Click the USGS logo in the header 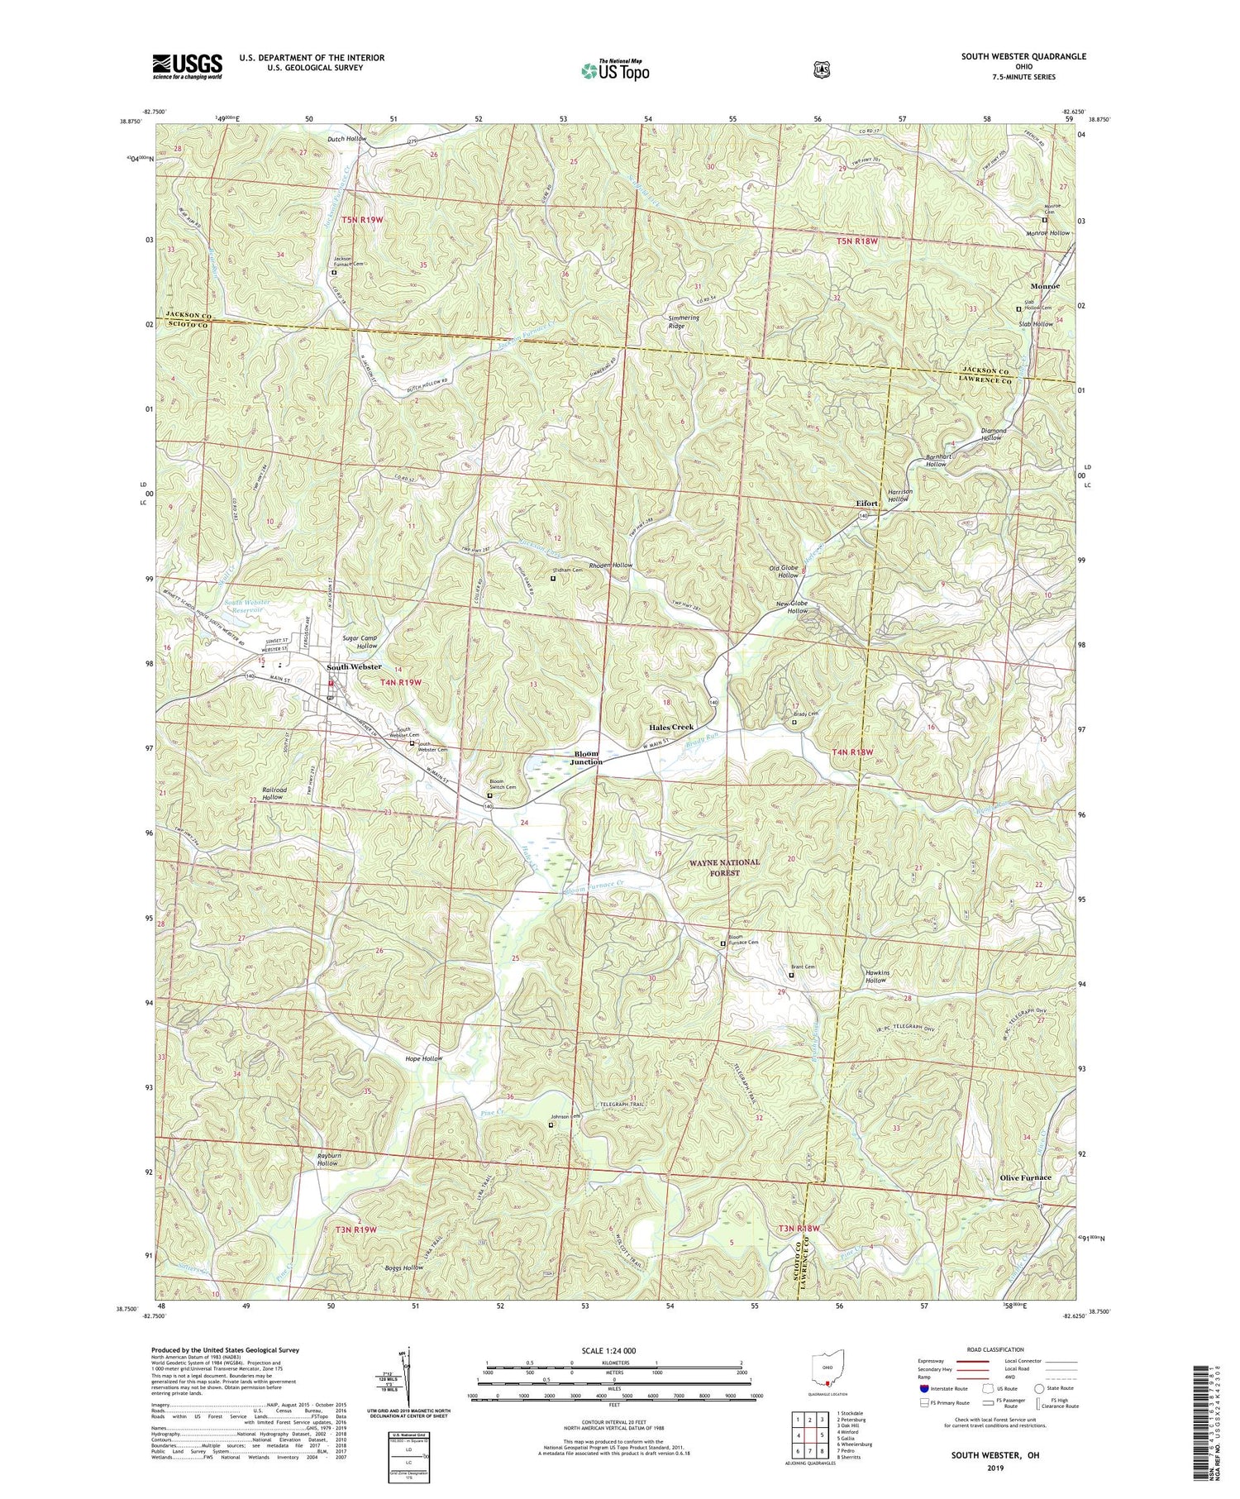point(187,65)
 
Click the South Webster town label point(354,666)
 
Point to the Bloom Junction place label point(586,757)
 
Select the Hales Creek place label point(670,727)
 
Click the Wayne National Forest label point(724,866)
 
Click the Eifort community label point(866,503)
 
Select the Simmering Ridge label point(684,322)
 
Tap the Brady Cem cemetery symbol point(795,722)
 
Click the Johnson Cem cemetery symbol point(551,1124)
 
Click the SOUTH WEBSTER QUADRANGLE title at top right point(1023,57)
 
